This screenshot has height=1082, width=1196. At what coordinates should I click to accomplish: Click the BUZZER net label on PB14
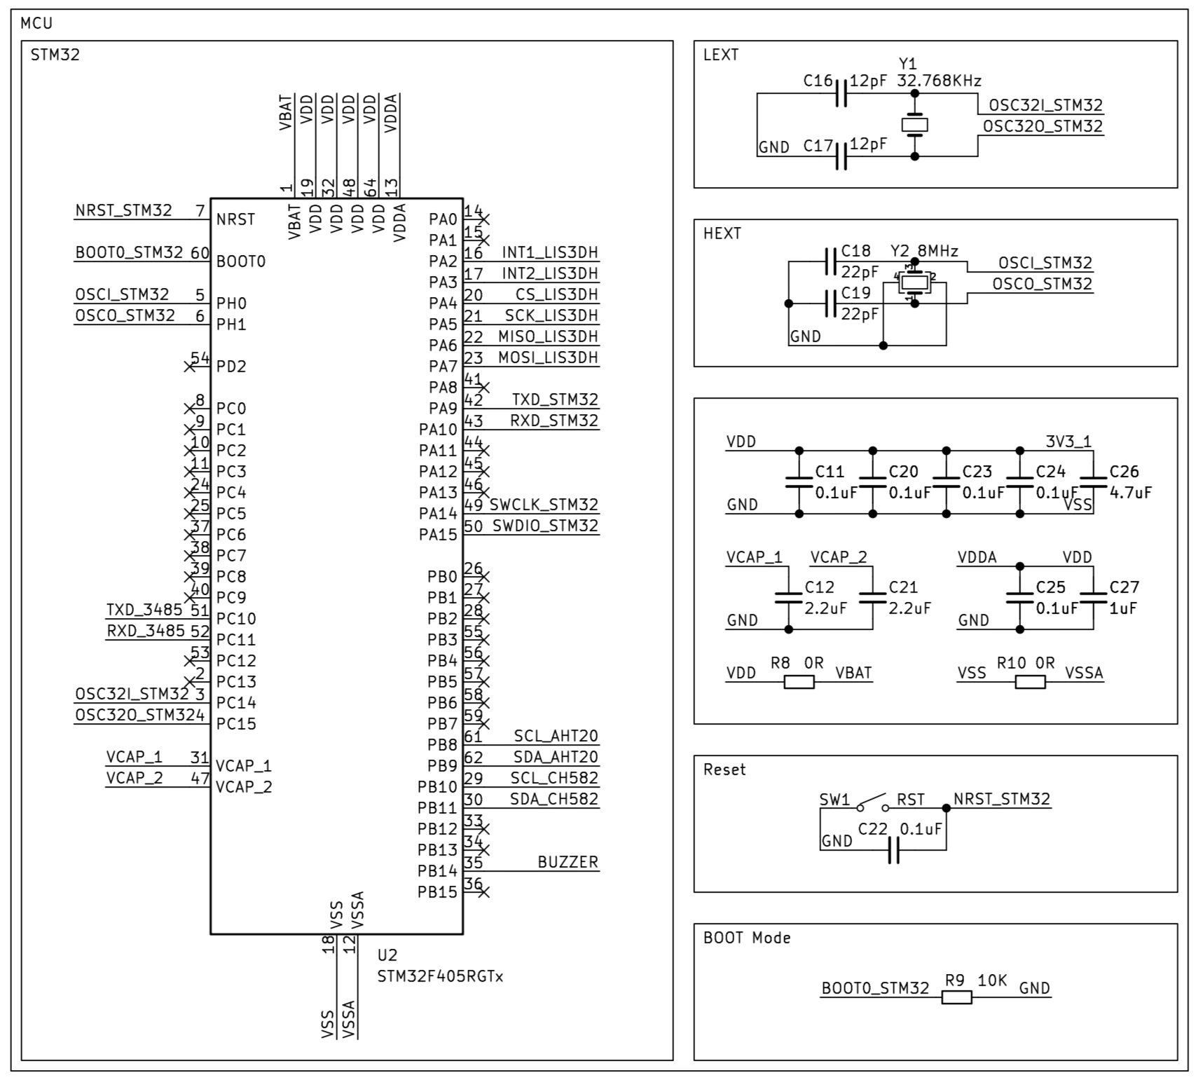pos(568,862)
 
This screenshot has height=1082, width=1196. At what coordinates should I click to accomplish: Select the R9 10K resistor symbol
pos(956,997)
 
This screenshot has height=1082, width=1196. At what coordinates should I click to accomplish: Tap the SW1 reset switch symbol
pos(872,803)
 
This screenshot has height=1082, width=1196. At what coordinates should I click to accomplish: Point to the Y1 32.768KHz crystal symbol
pos(914,125)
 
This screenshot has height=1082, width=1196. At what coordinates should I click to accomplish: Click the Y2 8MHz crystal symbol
pos(914,282)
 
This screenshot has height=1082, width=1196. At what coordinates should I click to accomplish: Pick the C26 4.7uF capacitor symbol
pos(1093,482)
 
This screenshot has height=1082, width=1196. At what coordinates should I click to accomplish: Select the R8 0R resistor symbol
pos(799,682)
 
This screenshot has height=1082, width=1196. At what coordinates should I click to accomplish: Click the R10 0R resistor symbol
pos(1030,682)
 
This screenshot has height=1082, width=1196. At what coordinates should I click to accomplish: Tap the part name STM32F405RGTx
pos(440,976)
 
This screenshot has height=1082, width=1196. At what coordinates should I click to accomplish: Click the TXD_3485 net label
pos(144,610)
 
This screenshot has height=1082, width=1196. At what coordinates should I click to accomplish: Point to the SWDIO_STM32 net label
pos(545,526)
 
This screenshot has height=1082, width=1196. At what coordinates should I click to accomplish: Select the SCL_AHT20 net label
pos(556,736)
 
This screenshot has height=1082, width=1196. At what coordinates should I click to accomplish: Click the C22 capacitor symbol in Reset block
pos(893,850)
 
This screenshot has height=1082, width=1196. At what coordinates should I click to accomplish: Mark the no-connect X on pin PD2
pos(189,367)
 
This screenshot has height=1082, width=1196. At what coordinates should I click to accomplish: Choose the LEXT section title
pos(720,55)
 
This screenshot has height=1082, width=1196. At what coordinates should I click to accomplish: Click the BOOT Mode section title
pos(747,938)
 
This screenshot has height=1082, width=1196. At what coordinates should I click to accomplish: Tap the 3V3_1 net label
pos(1068,441)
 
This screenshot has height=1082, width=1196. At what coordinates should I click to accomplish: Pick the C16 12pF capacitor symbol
pos(841,93)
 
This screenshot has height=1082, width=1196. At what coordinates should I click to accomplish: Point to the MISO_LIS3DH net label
pos(548,336)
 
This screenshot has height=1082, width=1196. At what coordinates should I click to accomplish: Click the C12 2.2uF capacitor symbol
pos(788,598)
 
